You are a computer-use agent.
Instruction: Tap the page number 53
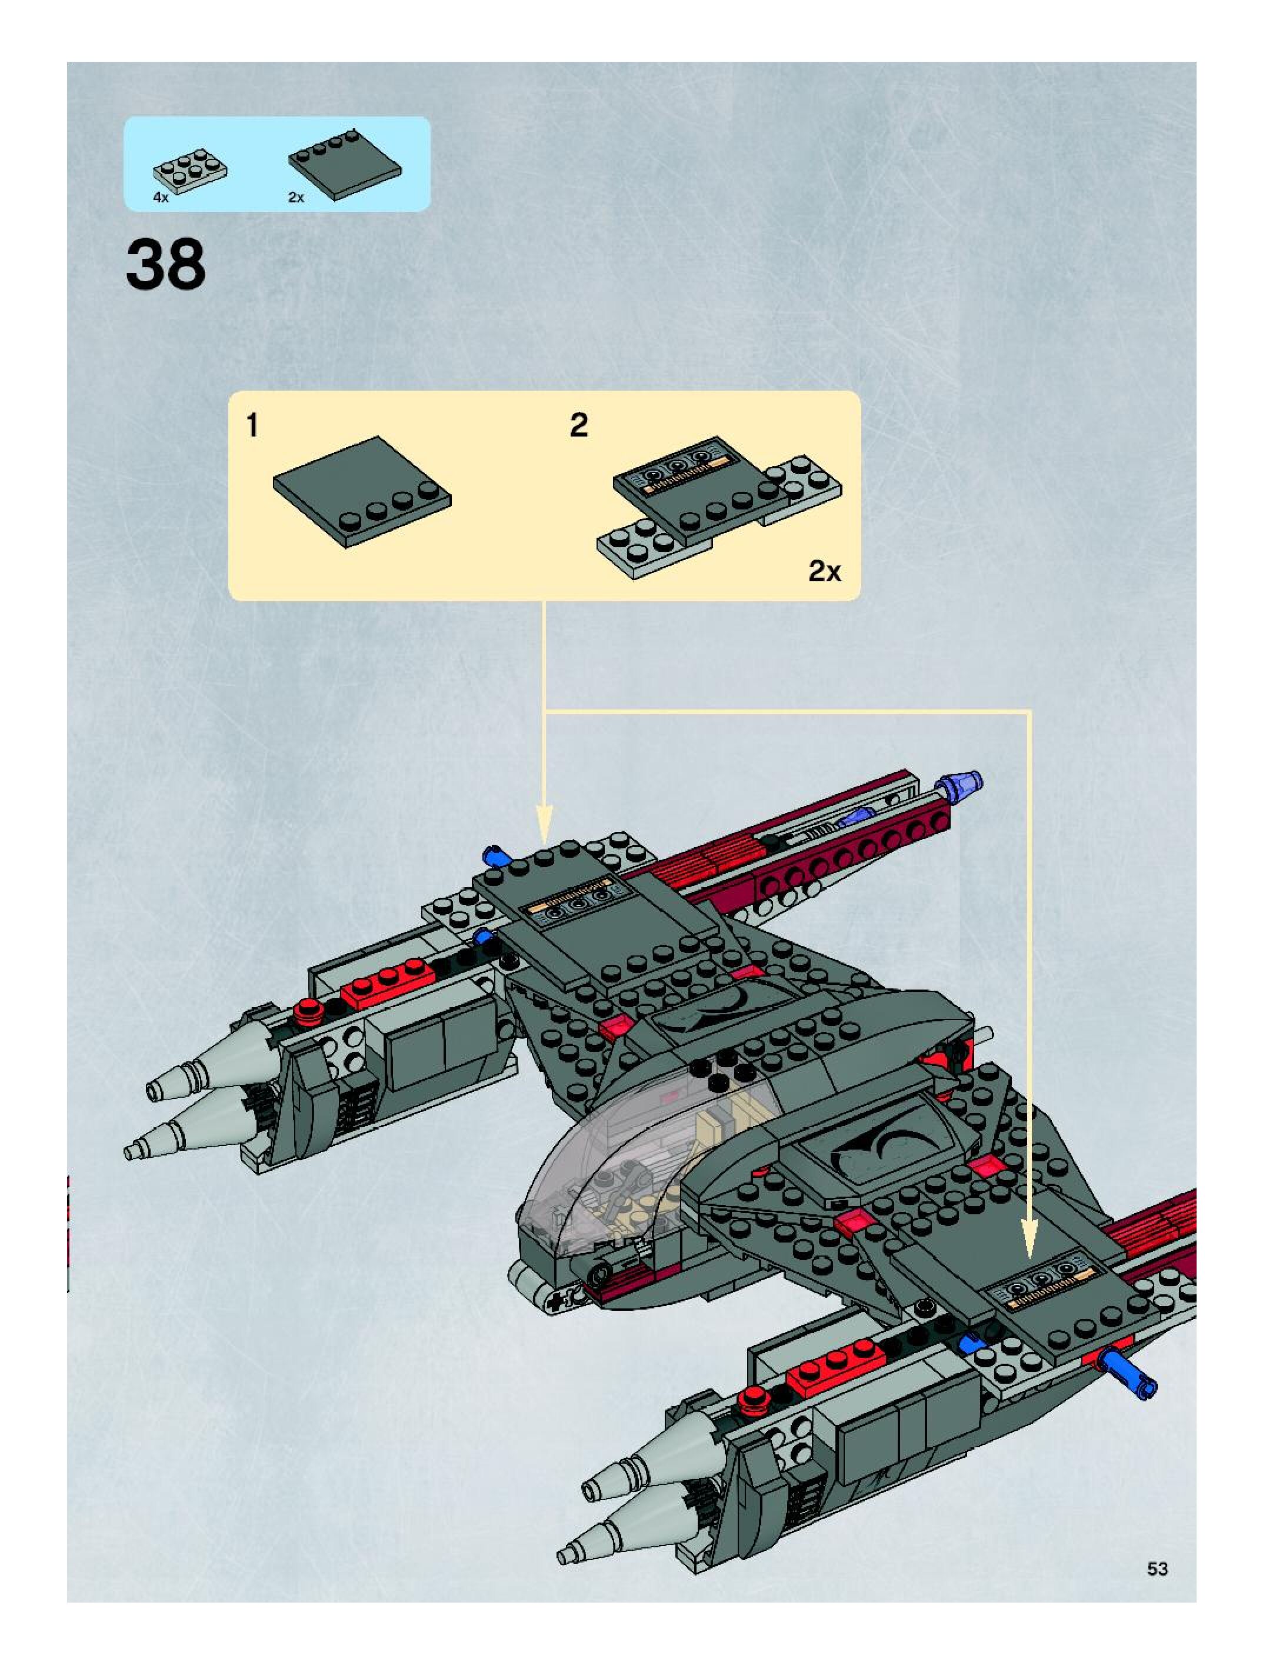(1157, 1568)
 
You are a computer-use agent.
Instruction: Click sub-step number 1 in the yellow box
(252, 425)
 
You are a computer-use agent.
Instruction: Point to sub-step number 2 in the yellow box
(578, 425)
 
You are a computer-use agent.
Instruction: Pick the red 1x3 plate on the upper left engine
(387, 982)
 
